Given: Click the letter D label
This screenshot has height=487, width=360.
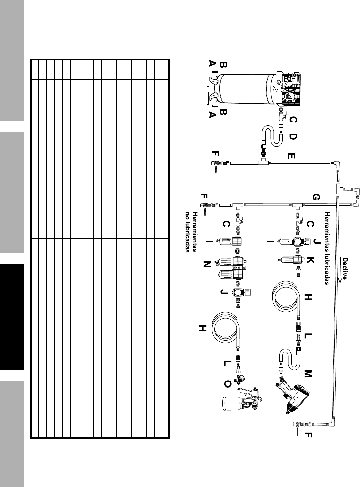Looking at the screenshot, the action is click(293, 137).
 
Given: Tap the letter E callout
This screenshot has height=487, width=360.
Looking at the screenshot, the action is click(292, 156).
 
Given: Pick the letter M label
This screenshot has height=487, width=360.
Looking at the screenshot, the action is click(308, 373).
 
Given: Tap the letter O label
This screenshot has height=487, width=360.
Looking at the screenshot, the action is click(228, 384).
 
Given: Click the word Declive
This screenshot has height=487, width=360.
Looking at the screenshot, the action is click(345, 269).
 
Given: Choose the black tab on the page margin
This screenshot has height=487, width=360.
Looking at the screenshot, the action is click(12, 317).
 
